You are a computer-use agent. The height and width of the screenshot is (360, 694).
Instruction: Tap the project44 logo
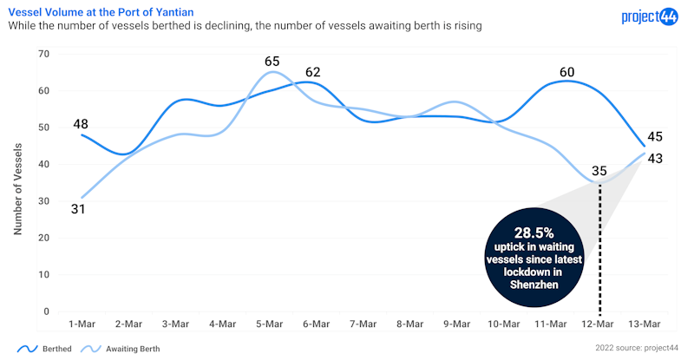651,16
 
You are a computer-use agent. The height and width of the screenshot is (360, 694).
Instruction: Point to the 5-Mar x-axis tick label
270,324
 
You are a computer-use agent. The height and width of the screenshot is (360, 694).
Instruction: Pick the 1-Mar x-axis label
82,324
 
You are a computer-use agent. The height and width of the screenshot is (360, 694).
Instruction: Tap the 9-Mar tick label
457,324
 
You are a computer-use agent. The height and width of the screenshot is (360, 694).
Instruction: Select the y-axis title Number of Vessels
17,183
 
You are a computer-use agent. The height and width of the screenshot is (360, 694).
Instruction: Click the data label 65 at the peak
272,62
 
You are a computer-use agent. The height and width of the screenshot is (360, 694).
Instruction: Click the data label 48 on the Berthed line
80,124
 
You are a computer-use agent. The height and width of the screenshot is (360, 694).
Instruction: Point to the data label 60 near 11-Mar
566,72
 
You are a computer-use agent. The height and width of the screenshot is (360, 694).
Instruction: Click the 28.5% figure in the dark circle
534,233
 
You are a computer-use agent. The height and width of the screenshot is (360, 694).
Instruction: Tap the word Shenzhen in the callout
534,284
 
